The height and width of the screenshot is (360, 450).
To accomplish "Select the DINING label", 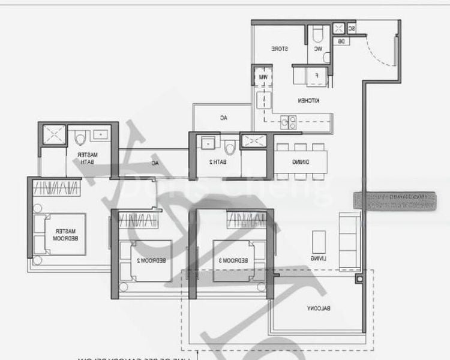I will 301,162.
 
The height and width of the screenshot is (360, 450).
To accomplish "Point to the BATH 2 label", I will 218,162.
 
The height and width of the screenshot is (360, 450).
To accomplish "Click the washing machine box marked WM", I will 263,77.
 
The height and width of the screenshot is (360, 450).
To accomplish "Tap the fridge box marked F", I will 316,76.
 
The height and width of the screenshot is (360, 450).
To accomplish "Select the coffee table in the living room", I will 318,242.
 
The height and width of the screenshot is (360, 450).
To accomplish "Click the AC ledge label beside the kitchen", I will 222,118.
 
